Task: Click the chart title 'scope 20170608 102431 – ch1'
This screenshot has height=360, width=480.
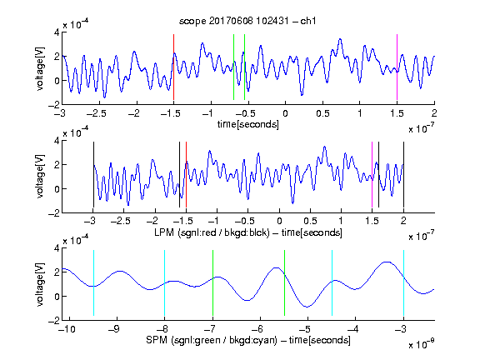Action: [x=247, y=21]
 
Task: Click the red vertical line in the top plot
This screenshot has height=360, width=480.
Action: [x=173, y=67]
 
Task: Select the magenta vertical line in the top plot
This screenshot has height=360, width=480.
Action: [x=397, y=67]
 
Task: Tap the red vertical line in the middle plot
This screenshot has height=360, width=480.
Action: [x=186, y=174]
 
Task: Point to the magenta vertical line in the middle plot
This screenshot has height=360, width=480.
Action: [x=372, y=174]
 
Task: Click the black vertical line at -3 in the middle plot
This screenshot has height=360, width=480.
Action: [x=93, y=174]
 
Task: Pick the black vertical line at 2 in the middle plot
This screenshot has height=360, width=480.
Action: [x=403, y=174]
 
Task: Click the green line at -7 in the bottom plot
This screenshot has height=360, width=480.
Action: [x=212, y=282]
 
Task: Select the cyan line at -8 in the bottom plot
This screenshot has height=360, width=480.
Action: [x=165, y=282]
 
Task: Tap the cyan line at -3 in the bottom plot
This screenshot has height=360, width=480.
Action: [x=403, y=282]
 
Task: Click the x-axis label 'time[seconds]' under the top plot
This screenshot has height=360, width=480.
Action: [x=248, y=124]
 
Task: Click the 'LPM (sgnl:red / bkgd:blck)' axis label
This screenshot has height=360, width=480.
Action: [x=212, y=232]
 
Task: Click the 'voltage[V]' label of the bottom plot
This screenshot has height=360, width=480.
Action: [x=40, y=284]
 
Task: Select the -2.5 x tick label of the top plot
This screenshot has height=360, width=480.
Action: [x=96, y=113]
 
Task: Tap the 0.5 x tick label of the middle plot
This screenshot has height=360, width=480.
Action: [x=310, y=221]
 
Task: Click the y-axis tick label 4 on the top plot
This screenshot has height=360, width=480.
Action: [x=57, y=32]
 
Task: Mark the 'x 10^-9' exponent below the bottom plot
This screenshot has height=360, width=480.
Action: [x=421, y=344]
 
